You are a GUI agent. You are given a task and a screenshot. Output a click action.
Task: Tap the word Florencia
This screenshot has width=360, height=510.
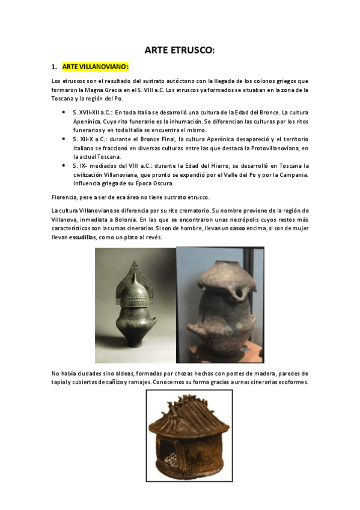coord(67,197)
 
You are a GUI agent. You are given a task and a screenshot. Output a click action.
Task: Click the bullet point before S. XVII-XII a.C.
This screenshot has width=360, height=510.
coord(63,112)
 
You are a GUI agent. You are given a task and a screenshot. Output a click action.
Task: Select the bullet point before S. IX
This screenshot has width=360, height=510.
coord(63,165)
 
